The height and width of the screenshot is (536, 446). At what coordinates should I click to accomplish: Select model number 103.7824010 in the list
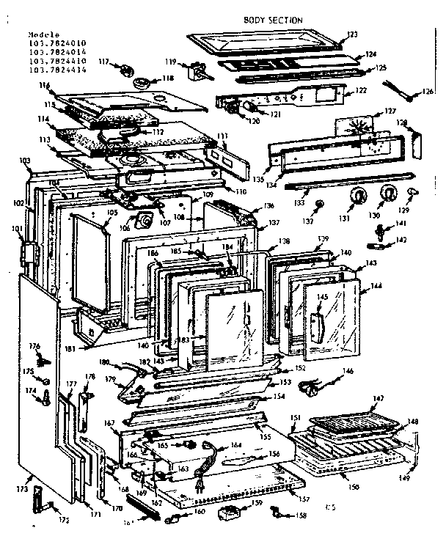point(56,43)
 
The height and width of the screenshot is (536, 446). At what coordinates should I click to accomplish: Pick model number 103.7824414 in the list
point(56,70)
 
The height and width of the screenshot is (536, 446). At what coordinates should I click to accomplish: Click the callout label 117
point(104,62)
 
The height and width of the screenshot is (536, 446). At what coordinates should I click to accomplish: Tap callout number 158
point(301,518)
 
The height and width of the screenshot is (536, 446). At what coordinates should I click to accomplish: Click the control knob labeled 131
point(359,196)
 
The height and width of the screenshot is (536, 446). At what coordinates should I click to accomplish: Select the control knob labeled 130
point(387,194)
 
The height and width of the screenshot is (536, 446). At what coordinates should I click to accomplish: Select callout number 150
point(354,487)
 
